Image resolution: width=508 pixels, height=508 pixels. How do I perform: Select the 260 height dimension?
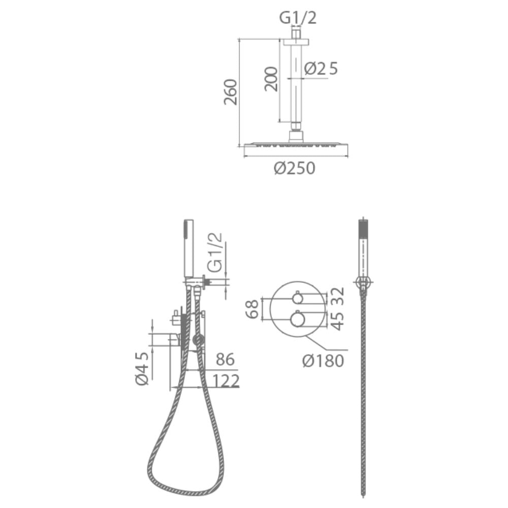(231, 92)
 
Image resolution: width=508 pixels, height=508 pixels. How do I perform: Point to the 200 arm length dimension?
(271, 79)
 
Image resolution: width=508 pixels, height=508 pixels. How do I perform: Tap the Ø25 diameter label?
(321, 69)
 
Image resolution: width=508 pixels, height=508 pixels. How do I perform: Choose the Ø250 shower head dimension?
(295, 168)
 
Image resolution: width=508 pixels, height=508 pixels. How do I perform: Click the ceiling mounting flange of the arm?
(296, 42)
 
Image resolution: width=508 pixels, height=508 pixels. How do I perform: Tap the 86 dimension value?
(225, 359)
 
